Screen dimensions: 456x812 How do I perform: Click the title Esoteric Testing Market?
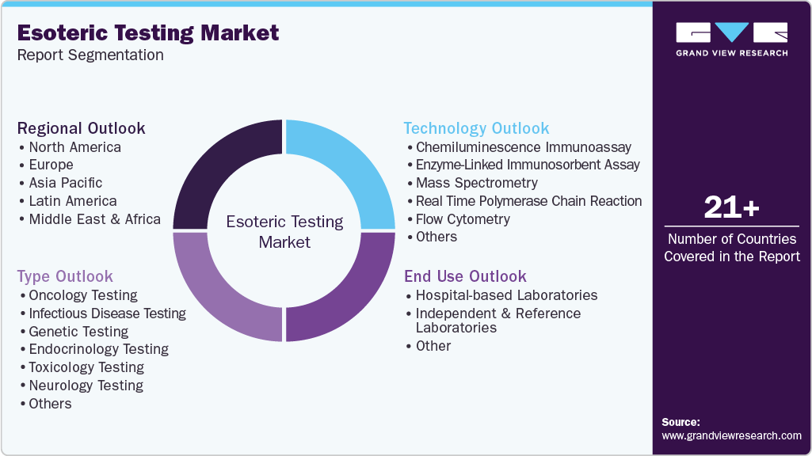148,32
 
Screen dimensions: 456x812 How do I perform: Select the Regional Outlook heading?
82,128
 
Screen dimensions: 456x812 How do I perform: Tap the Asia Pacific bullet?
66,183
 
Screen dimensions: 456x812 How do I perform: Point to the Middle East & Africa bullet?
94,219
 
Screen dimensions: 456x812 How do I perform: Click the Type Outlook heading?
65,276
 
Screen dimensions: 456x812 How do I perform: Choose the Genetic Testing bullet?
78,332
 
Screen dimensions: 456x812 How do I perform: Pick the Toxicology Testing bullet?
86,367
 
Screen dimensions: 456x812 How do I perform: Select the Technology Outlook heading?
476,128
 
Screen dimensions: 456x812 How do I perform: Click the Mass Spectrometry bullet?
476,183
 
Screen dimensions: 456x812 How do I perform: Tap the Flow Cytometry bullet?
463,219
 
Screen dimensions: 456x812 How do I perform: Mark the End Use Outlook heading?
465,276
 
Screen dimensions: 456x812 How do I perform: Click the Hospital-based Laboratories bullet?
506,295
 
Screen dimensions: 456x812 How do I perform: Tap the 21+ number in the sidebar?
732,208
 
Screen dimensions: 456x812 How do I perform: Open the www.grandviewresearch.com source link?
731,435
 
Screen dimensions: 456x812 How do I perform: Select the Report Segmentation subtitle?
90,55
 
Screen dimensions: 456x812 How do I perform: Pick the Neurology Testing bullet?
86,386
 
